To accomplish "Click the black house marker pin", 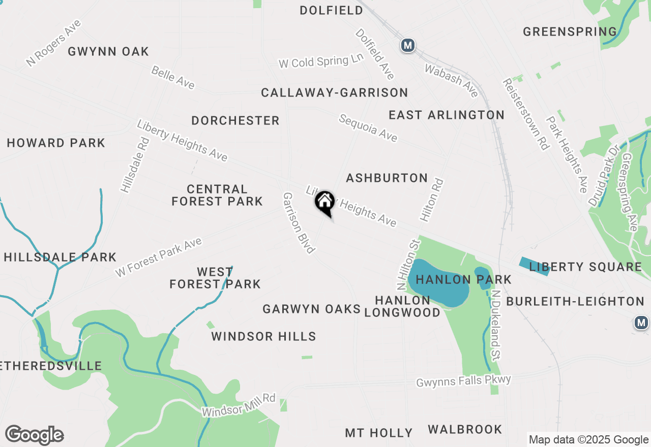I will coord(324,203).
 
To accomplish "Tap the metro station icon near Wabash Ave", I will coord(407,45).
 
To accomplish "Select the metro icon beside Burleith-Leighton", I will coord(642,323).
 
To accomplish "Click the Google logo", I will coord(34,435).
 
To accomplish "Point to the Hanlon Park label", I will coord(463,279).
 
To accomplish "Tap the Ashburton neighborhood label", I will coord(387,178).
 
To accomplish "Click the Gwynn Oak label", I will coord(108,51).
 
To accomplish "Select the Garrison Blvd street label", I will coord(299,222).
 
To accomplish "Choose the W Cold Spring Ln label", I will coord(321,61).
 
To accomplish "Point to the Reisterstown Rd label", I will coord(526,114).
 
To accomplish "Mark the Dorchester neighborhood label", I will coord(235,120).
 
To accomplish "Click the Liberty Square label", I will coord(585,267).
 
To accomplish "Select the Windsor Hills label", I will coord(263,336).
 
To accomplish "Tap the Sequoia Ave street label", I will coord(368,128).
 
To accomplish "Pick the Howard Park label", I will coord(56,143).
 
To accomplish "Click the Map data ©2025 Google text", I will coord(588,440).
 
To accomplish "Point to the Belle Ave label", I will coord(173,78).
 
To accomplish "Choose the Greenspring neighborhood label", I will coord(570,31).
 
